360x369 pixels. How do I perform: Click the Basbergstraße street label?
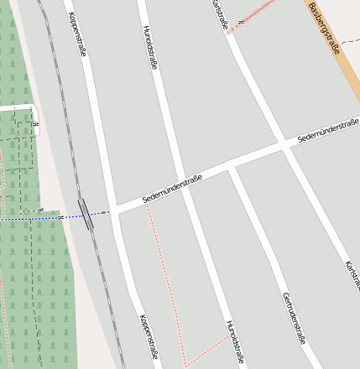coord(324,29)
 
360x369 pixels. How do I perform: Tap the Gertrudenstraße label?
coord(293,319)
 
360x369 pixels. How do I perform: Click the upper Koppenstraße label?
coord(77,34)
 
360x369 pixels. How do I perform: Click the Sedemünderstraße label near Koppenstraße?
coord(173,189)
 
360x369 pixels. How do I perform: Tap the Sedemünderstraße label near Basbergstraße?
coord(328,130)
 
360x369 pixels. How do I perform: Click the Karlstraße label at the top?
coord(220,14)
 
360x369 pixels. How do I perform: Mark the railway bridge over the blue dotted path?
coord(86,214)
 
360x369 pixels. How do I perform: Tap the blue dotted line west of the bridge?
coord(34,218)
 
